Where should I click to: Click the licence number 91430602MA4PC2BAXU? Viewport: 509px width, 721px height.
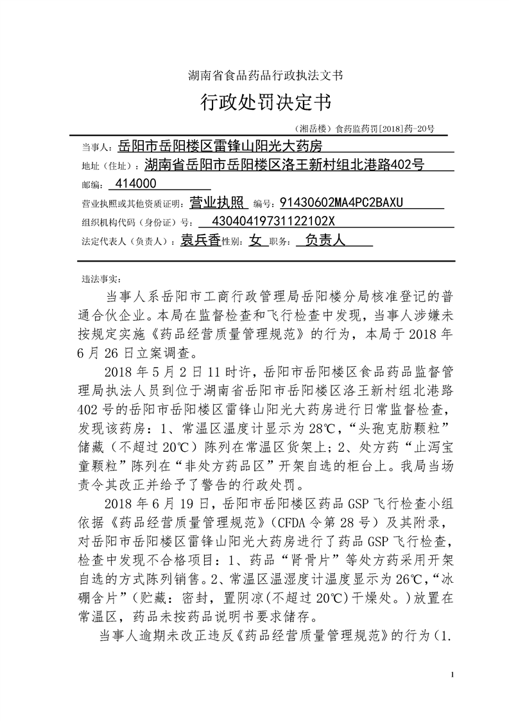(341, 203)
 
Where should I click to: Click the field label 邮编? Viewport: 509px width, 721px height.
(92, 186)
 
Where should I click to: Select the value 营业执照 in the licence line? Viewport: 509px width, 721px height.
(219, 203)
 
